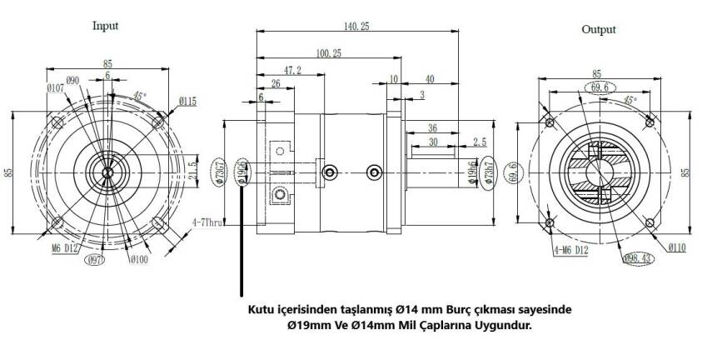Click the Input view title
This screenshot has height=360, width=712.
105,25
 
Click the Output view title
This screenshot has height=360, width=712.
599,29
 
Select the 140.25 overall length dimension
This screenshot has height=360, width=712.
356,27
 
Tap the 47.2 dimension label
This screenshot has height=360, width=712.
292,71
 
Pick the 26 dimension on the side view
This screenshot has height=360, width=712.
276,84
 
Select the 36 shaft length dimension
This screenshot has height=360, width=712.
432,127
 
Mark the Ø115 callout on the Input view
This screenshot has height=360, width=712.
187,102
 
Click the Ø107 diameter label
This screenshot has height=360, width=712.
56,87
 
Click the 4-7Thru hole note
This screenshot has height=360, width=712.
205,222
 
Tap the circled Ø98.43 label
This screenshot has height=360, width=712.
639,259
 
